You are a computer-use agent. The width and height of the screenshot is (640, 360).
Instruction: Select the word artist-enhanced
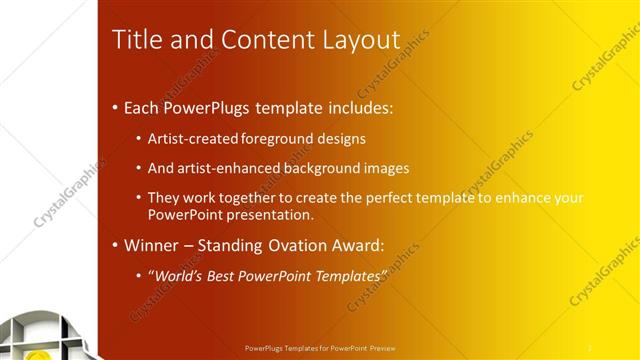tap(224, 168)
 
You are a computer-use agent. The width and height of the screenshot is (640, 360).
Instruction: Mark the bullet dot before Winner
tap(115, 245)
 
